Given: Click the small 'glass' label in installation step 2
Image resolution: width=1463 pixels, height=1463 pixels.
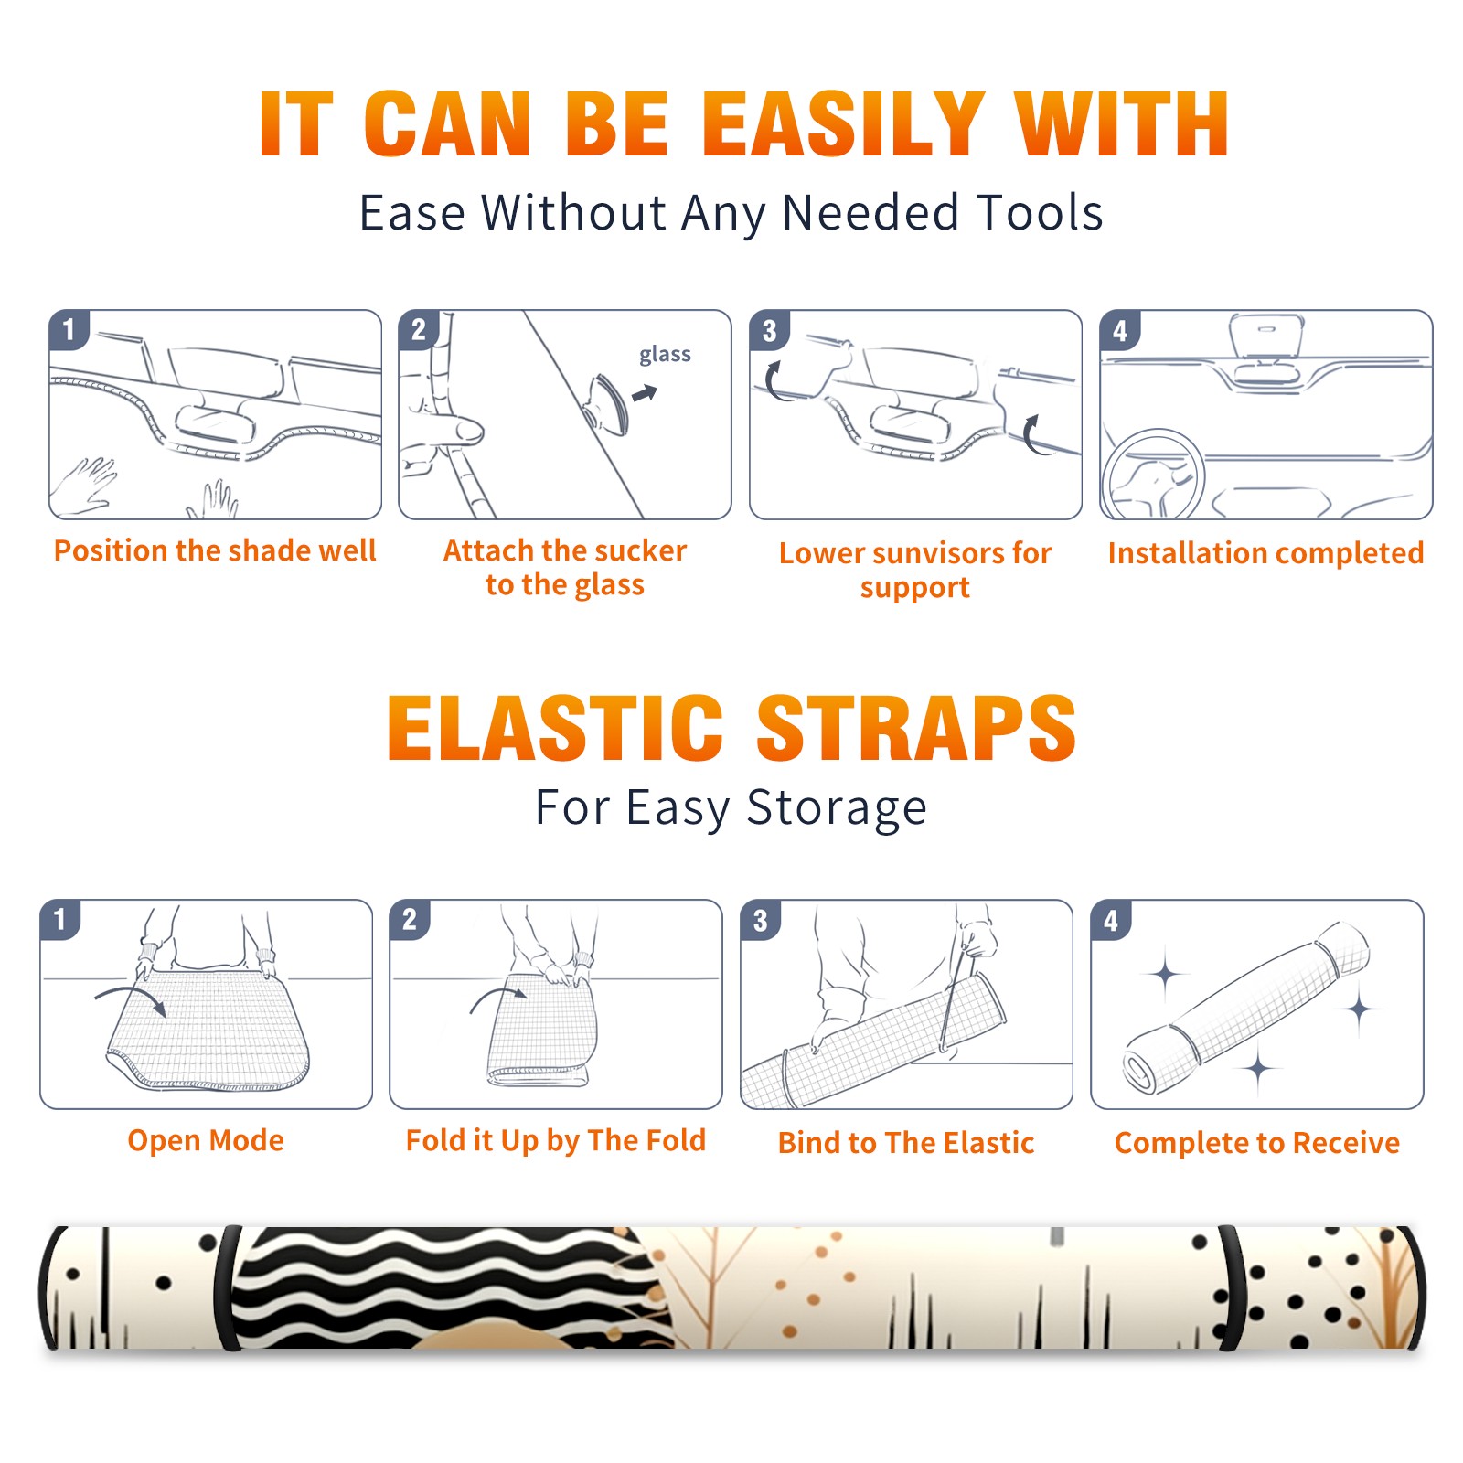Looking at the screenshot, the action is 665,355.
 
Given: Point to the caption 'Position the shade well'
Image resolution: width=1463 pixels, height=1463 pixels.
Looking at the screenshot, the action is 215,550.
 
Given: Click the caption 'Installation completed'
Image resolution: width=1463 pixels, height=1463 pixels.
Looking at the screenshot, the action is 1265,552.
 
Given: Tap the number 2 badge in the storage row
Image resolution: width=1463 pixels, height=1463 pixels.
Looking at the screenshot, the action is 410,920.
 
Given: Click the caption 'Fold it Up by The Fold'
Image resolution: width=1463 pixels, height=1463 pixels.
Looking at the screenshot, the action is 556,1140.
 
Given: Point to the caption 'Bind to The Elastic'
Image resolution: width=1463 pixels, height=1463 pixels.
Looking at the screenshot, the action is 906,1142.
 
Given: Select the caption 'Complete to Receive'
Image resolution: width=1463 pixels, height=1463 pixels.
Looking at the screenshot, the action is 1257,1143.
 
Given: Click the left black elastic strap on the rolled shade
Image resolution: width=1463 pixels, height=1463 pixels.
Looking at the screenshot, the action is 226,1288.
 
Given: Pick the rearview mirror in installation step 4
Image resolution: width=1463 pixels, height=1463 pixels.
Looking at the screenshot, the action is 1265,336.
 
